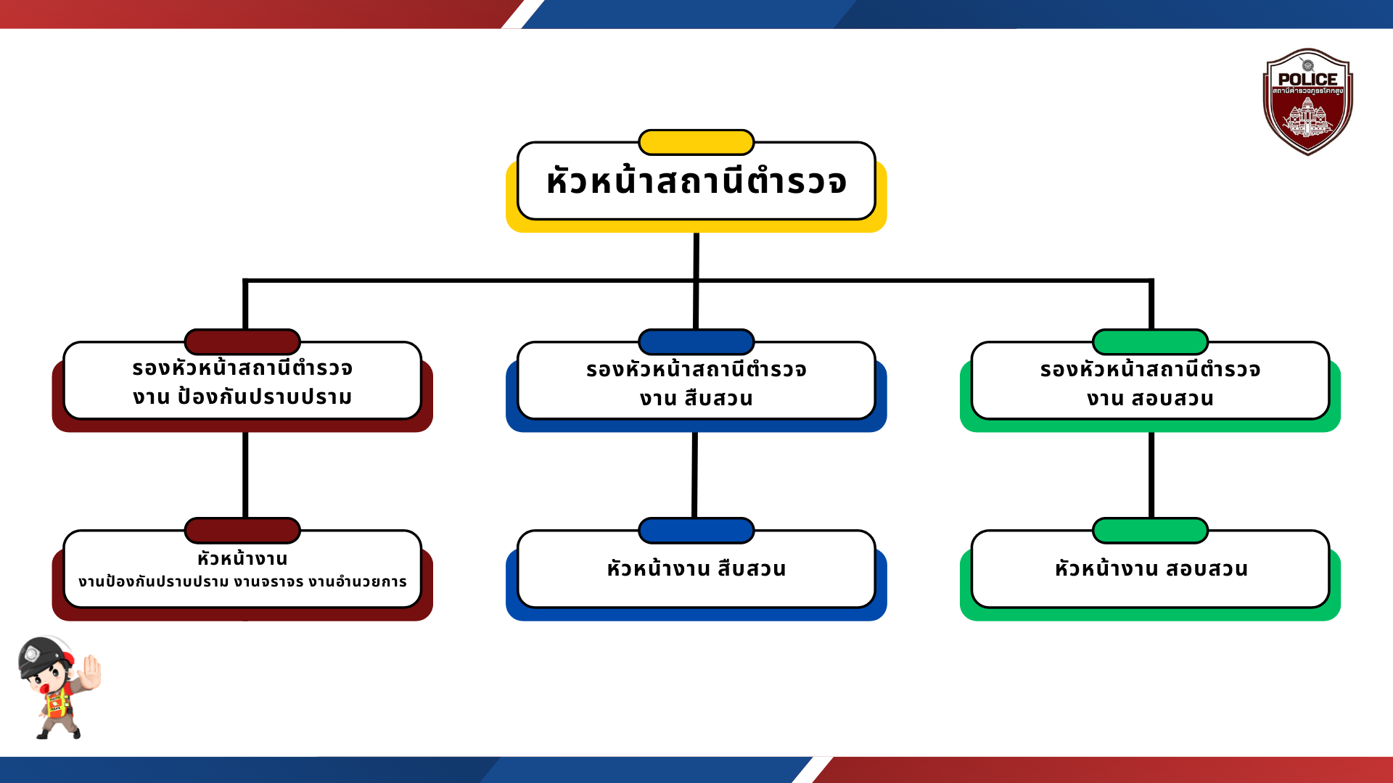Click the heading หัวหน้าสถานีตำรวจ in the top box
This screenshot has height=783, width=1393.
click(696, 181)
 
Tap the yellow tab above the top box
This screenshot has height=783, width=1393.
click(696, 142)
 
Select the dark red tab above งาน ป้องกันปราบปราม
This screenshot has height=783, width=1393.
click(242, 341)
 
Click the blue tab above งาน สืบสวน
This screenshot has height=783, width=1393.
click(696, 341)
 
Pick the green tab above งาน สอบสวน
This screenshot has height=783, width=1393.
click(1150, 341)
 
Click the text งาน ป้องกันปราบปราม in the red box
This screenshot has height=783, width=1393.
click(242, 397)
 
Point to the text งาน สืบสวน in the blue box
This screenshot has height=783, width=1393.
click(696, 399)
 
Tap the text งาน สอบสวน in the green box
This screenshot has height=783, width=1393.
click(1150, 399)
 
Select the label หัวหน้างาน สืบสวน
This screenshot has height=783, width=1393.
click(696, 568)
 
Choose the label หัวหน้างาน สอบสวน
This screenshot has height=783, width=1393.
click(1151, 568)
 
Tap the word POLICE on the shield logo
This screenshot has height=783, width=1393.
click(1307, 79)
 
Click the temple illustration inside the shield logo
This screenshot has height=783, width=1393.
click(1307, 117)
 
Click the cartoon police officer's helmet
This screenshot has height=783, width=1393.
click(44, 655)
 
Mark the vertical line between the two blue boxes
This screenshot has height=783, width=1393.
click(695, 475)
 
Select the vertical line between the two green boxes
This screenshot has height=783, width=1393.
click(1151, 475)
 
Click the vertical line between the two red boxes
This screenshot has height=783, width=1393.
click(245, 475)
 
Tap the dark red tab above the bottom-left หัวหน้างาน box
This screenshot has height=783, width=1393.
click(242, 530)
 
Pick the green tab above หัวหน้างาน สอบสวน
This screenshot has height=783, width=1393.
click(1150, 530)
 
